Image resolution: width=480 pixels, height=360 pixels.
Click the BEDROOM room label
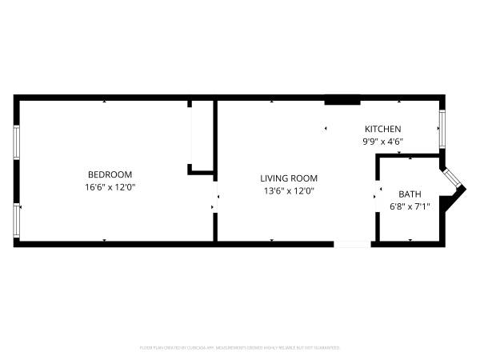110,174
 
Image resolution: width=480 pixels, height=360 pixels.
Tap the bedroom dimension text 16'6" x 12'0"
110,187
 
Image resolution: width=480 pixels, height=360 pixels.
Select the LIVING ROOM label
288,178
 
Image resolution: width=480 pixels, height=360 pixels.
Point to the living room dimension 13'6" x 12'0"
288,190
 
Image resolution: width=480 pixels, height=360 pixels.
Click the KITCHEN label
382,129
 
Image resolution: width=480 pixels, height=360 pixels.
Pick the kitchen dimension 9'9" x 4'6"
382,142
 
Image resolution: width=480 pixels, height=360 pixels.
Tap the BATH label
410,194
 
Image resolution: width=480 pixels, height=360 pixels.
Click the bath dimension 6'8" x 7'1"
410,206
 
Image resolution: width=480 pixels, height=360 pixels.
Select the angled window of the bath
453,181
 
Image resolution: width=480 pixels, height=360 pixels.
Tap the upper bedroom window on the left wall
16,142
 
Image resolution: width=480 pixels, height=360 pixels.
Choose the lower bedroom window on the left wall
16,219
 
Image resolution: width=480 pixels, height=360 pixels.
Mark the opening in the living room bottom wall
352,243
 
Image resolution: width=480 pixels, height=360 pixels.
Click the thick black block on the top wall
341,99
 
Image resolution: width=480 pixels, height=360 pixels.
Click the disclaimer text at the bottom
240,348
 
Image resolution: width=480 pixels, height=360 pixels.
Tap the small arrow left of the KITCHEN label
326,128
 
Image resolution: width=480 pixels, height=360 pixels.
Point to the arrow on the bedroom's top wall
105,102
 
